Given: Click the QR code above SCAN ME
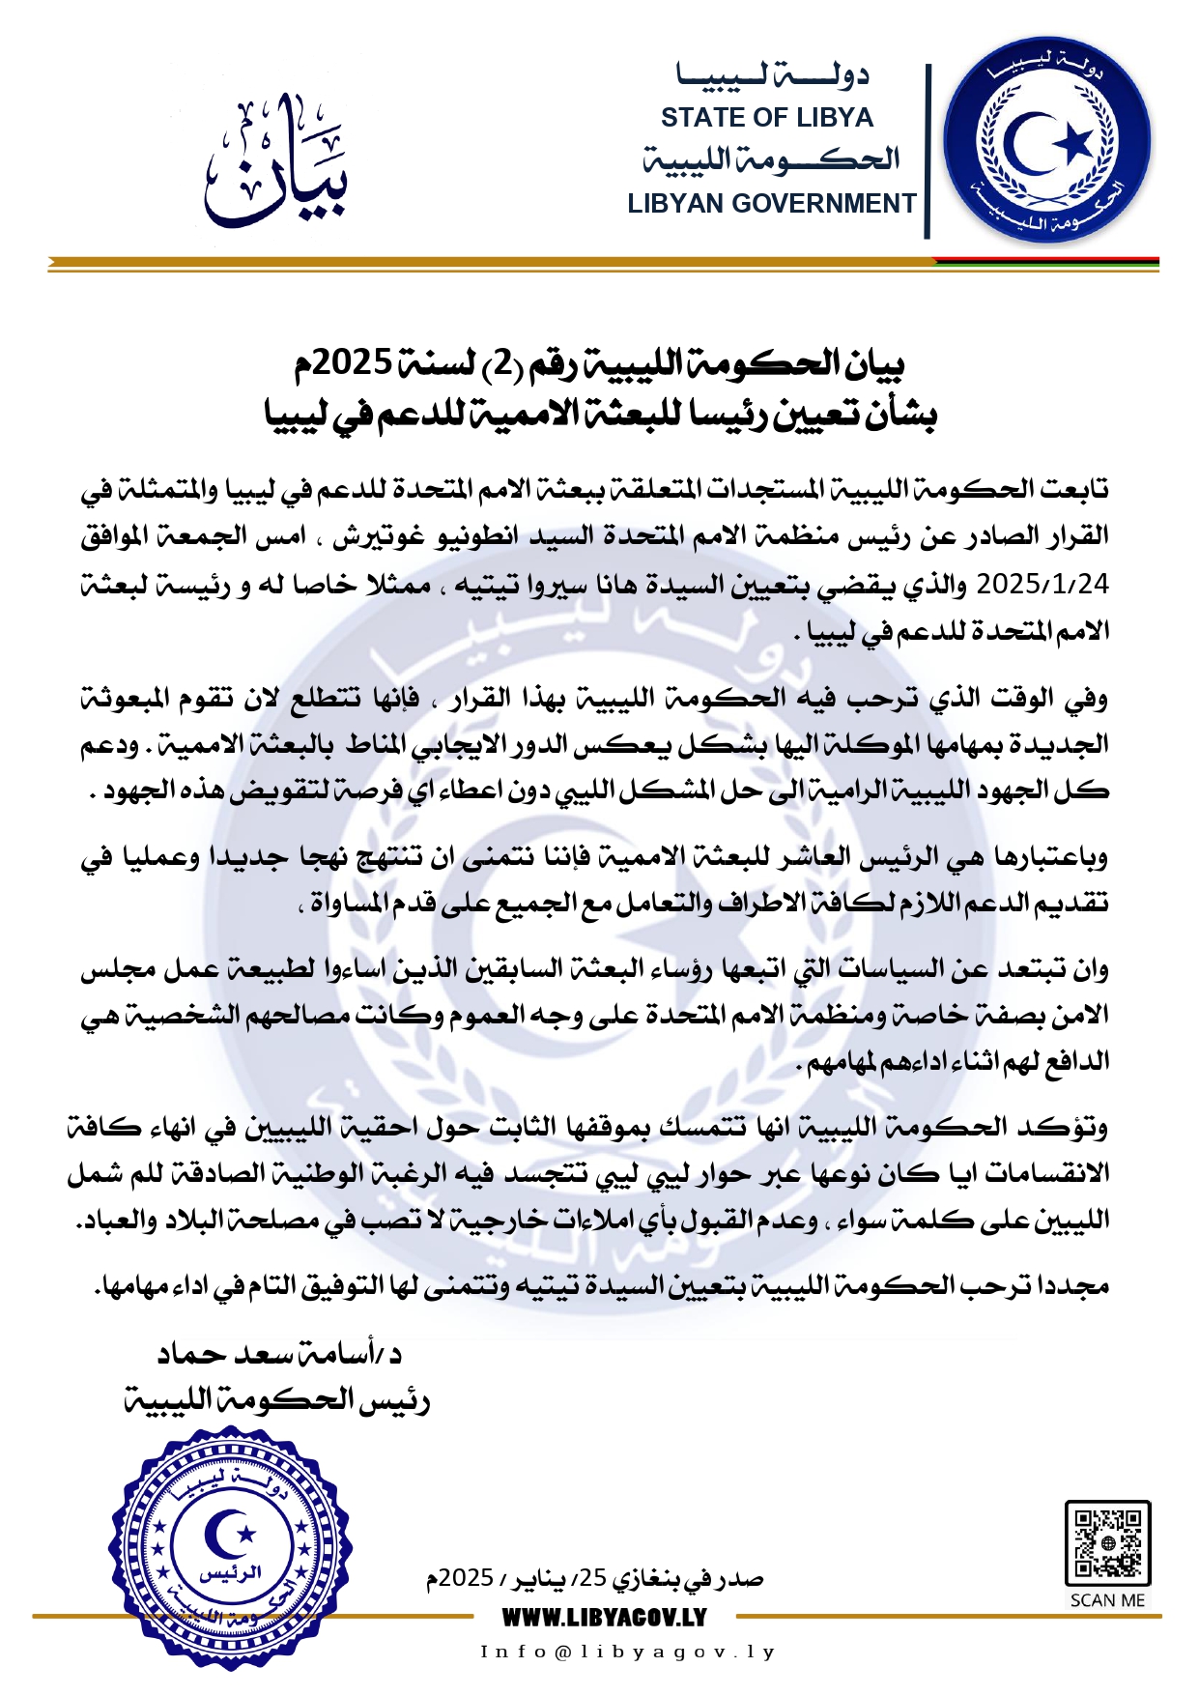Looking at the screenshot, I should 1107,1542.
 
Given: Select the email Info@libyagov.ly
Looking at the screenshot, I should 628,1652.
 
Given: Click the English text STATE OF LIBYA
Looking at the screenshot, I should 767,118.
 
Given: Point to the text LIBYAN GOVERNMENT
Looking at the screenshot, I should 771,204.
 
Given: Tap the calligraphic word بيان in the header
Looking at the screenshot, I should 276,162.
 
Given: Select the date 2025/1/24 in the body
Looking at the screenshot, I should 1043,585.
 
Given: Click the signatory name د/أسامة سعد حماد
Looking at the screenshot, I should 280,1353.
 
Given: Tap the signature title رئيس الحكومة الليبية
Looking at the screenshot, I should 276,1399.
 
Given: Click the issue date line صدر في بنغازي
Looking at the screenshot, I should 595,1579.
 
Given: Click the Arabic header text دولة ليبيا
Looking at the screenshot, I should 773,75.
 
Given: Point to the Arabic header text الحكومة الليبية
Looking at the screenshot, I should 771,159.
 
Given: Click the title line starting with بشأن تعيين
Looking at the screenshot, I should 599,415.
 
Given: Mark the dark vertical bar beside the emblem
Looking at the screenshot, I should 928,151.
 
